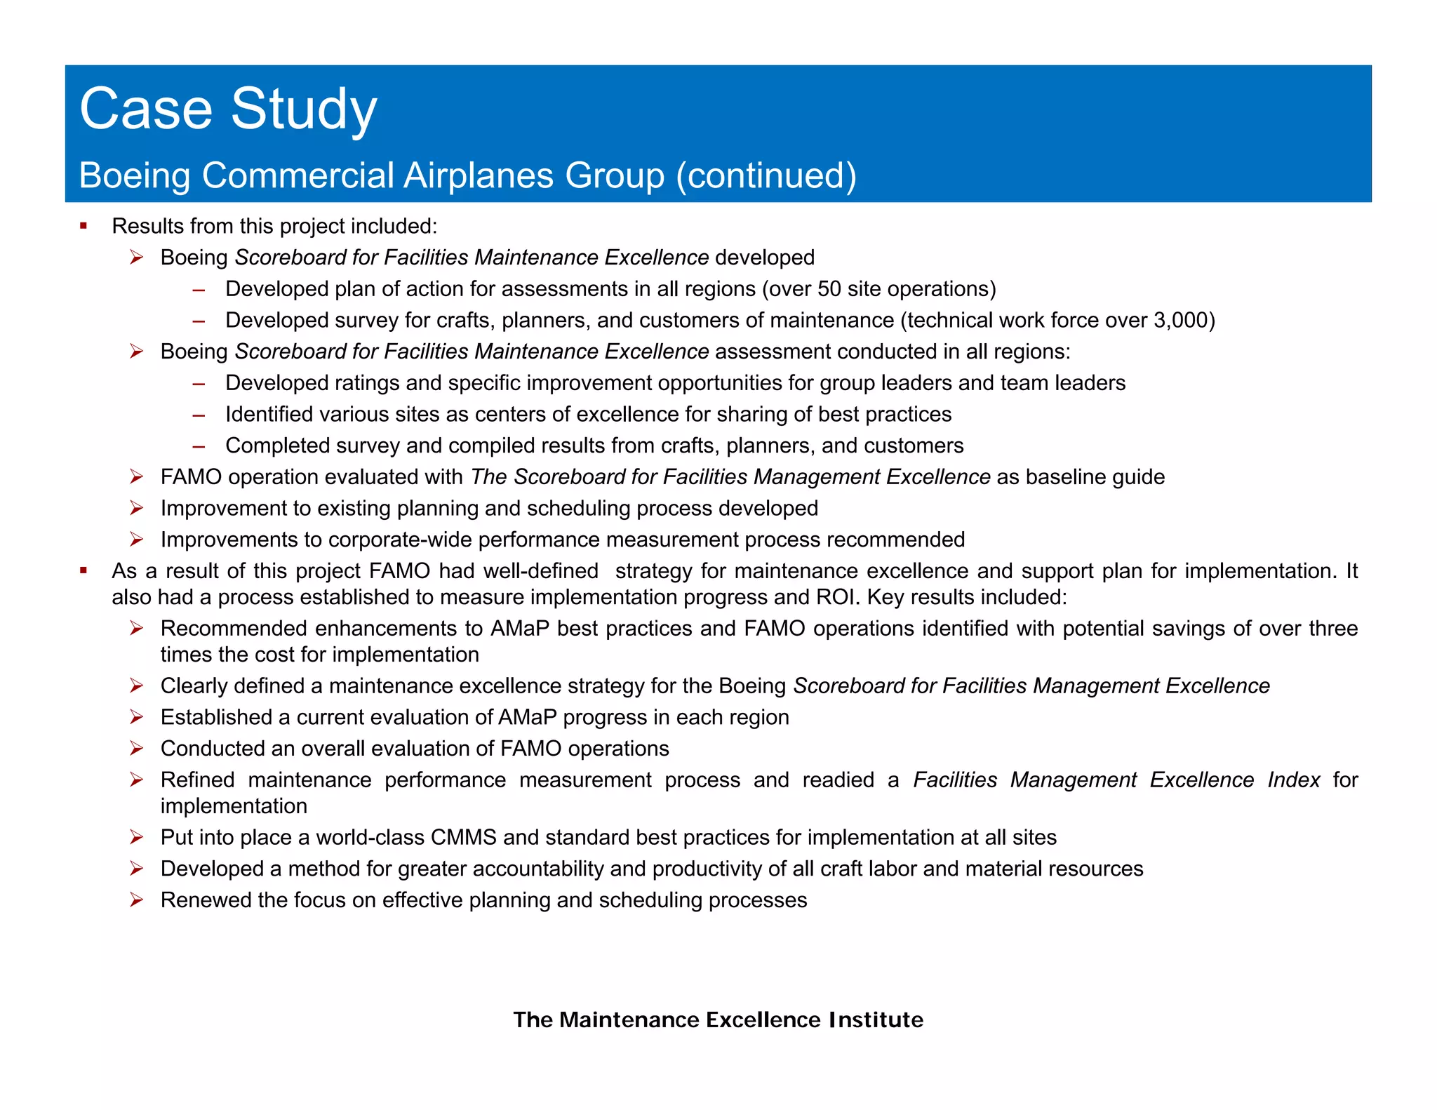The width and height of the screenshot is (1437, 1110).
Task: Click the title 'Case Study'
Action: point(228,109)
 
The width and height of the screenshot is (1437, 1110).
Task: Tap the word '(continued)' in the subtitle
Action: point(766,175)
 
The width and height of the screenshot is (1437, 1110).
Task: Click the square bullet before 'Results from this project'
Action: point(83,226)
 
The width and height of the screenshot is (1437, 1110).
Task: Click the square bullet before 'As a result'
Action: point(83,570)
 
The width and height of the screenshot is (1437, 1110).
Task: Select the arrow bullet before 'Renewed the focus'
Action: point(137,900)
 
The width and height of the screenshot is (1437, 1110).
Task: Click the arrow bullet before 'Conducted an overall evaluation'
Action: point(137,749)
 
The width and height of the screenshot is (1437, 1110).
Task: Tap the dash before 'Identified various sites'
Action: point(199,415)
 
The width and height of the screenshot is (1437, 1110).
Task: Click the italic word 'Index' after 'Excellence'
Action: point(1293,780)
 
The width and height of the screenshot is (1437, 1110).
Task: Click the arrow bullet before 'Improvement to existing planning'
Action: point(137,508)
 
